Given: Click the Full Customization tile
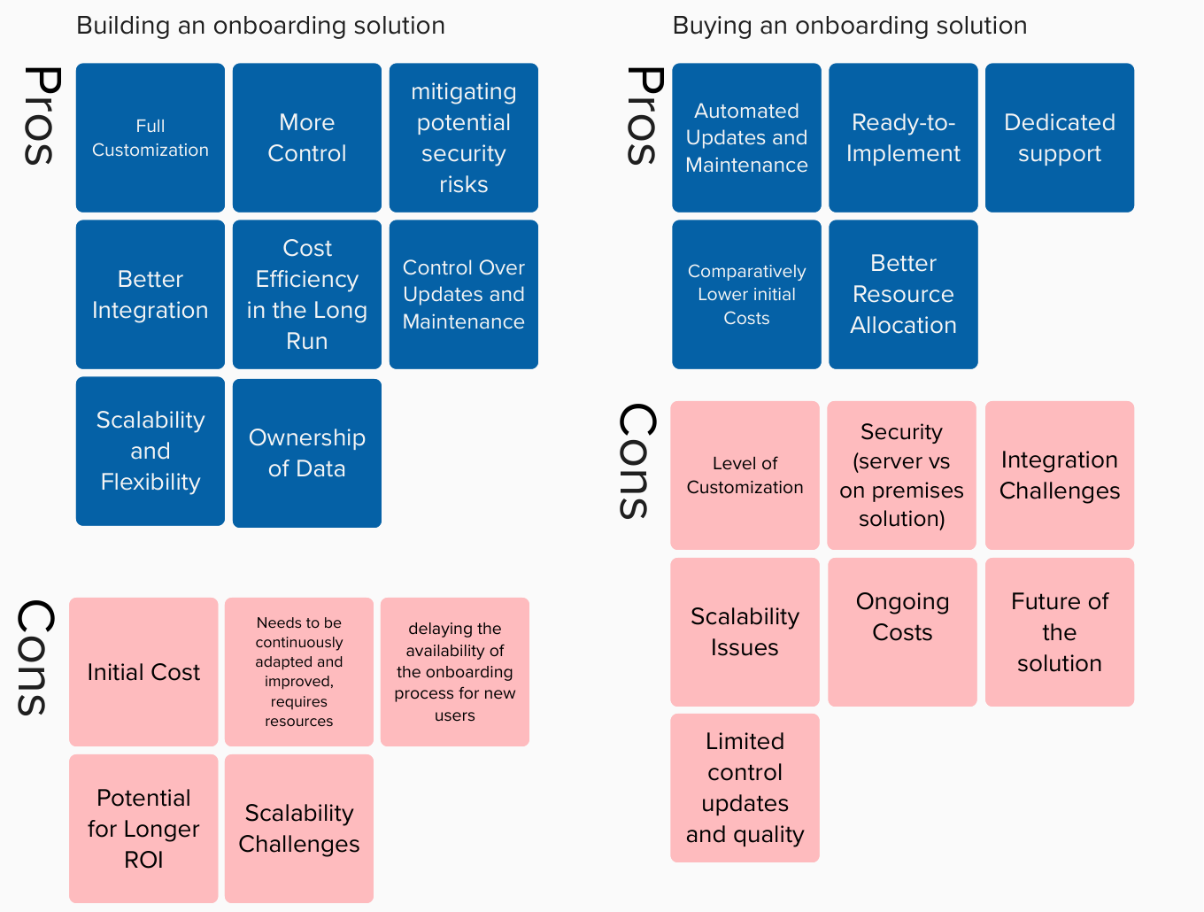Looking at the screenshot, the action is pos(150,137).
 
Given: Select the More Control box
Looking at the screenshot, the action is pos(307,137).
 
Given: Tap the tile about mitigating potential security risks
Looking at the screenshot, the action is pos(464,137).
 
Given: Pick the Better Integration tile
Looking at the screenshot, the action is pos(150,295).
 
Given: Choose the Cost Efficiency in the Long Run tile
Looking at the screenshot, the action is pos(307,295).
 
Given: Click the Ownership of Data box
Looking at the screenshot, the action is pos(307,453).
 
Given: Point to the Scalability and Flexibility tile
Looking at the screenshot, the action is pos(150,451).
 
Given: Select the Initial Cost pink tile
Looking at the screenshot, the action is pos(143,672).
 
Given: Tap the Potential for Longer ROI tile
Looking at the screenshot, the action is pos(143,829).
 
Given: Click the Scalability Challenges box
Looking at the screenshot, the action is pos(299,829).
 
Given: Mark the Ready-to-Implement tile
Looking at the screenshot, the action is pos(903,137).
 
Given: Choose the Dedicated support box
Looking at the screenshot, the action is pos(1060,137).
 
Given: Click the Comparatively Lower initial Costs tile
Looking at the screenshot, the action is pos(746,295).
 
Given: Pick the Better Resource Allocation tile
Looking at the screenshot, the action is pos(903,295).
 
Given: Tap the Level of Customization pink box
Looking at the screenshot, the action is pos(745,475).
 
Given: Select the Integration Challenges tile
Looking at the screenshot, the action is pos(1060,475).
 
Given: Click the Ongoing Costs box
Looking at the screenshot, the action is pos(902,632).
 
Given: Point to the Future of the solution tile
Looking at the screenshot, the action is pos(1060,632).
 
